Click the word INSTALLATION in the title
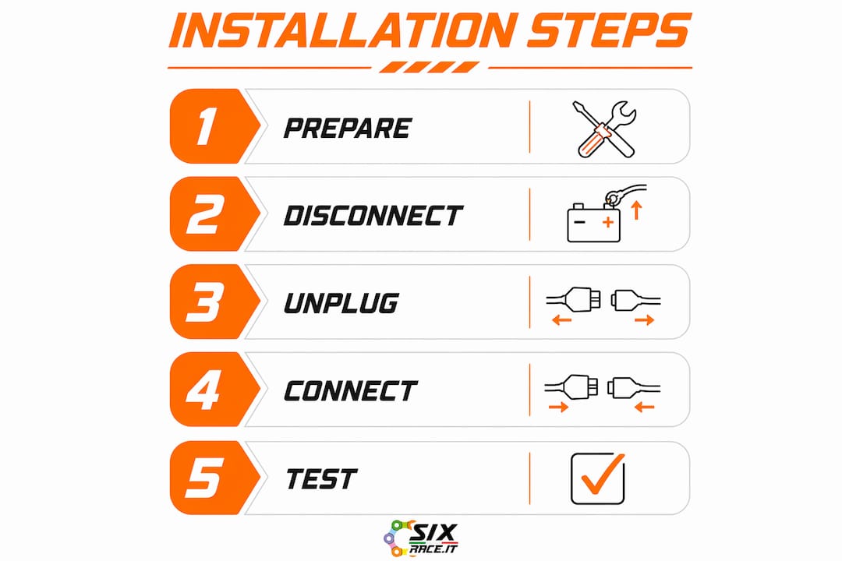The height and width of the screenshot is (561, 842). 343,30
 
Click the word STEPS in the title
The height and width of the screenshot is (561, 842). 608,30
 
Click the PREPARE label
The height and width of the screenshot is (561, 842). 348,129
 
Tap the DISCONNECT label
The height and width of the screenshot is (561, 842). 373,216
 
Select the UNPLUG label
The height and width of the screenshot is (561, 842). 341,303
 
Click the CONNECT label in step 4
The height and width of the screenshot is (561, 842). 351,391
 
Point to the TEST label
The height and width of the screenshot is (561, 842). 321,479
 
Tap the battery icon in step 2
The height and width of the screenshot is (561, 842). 594,223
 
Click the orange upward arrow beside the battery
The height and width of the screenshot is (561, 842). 637,210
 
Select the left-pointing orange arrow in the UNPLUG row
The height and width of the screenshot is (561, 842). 561,320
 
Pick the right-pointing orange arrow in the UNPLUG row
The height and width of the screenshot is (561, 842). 645,320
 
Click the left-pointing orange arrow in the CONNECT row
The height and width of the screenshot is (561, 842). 645,408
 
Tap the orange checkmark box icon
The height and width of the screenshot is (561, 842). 598,478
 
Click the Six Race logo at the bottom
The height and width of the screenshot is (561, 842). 421,538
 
